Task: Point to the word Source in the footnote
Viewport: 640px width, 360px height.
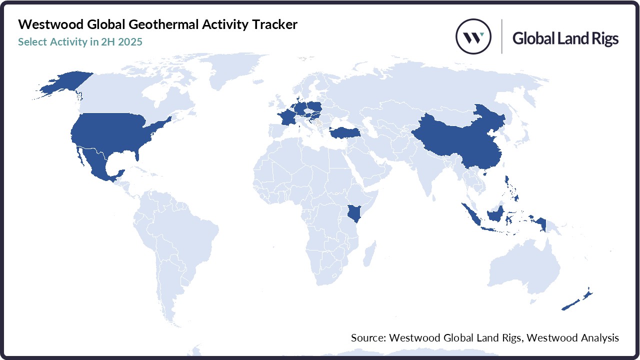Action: [x=367, y=338]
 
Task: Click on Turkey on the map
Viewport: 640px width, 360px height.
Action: [x=341, y=132]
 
